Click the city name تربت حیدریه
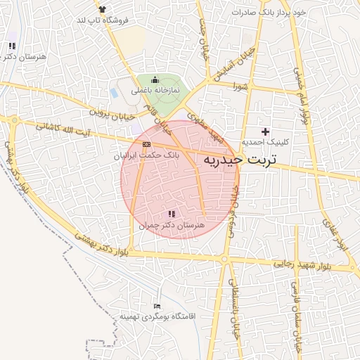pyautogui.click(x=239, y=160)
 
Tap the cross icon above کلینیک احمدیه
pyautogui.click(x=265, y=131)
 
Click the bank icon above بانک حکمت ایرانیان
pyautogui.click(x=146, y=144)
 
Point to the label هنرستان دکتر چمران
pyautogui.click(x=171, y=226)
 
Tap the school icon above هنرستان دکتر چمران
pyautogui.click(x=172, y=214)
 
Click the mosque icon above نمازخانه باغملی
pyautogui.click(x=155, y=82)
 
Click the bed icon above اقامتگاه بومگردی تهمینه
pyautogui.click(x=157, y=306)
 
